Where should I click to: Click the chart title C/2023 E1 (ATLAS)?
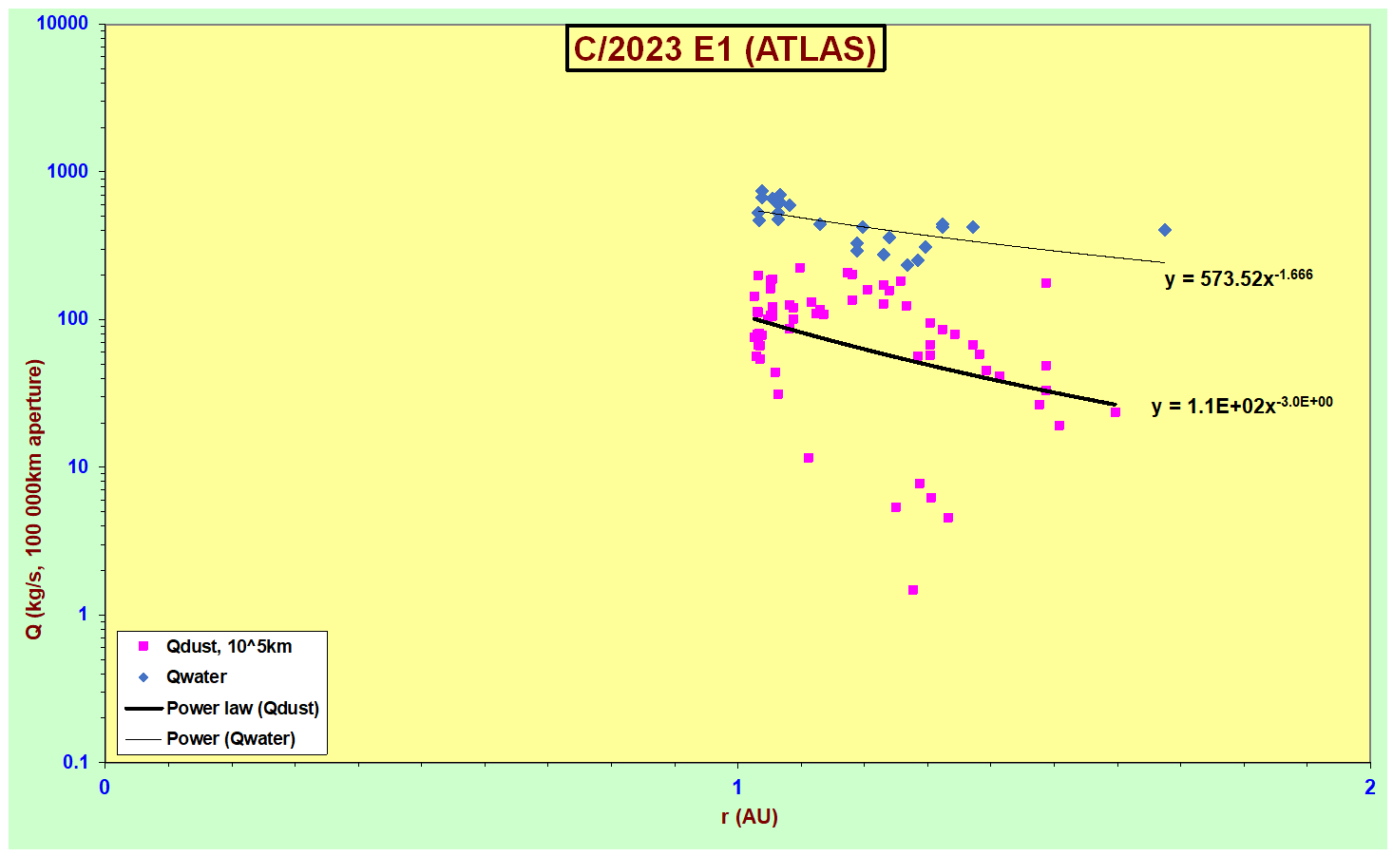(725, 48)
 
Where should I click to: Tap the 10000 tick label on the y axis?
(62, 24)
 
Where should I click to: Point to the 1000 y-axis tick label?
(67, 171)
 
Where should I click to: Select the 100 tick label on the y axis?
(72, 319)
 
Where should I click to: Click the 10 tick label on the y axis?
(78, 466)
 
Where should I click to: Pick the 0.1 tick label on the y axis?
(75, 762)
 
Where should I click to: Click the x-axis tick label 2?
(1370, 788)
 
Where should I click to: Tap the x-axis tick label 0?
(105, 788)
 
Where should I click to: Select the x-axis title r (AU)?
(750, 817)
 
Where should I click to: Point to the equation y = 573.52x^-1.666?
(1239, 277)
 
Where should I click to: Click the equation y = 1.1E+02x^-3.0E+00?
(1242, 406)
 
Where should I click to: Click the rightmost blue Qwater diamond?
(1165, 230)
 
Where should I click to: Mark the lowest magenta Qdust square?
(913, 590)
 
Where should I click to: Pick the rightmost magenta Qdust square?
(1115, 412)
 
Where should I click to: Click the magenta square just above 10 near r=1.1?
(809, 458)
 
